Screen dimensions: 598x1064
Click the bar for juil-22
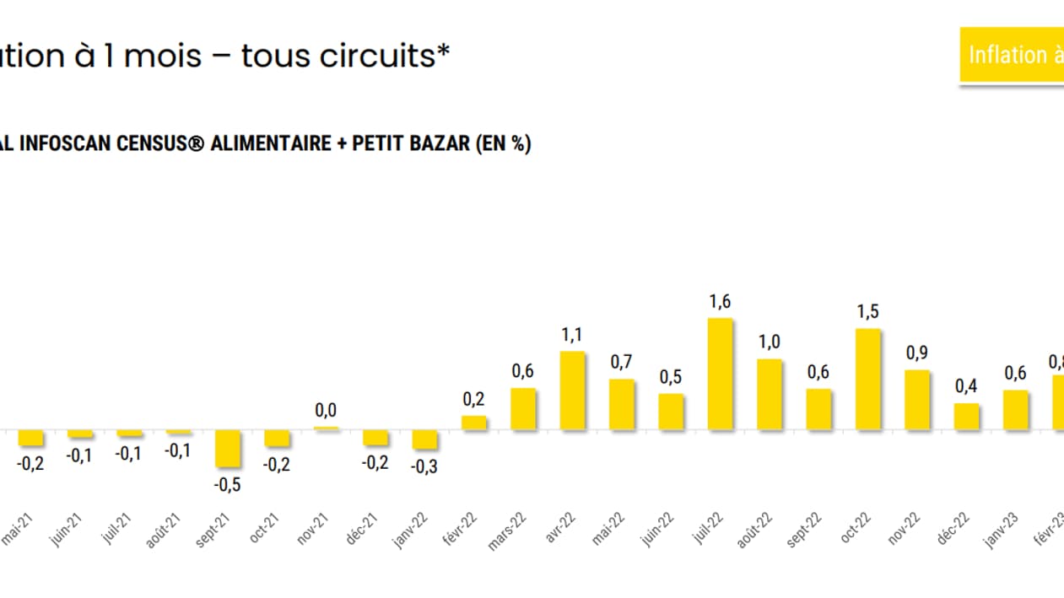point(720,374)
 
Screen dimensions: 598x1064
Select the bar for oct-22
point(868,380)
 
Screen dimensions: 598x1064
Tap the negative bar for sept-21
point(228,449)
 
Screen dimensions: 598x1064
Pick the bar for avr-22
point(572,391)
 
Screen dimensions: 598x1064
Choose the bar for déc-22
point(967,417)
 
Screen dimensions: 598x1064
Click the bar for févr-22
point(474,423)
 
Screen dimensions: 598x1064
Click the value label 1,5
point(867,312)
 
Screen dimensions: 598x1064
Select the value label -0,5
point(226,485)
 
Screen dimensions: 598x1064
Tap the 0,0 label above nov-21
point(326,411)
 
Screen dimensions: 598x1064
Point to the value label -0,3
point(424,466)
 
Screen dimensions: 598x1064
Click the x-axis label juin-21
point(67,531)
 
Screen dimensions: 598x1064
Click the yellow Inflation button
point(1013,56)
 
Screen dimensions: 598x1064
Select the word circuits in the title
point(388,57)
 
